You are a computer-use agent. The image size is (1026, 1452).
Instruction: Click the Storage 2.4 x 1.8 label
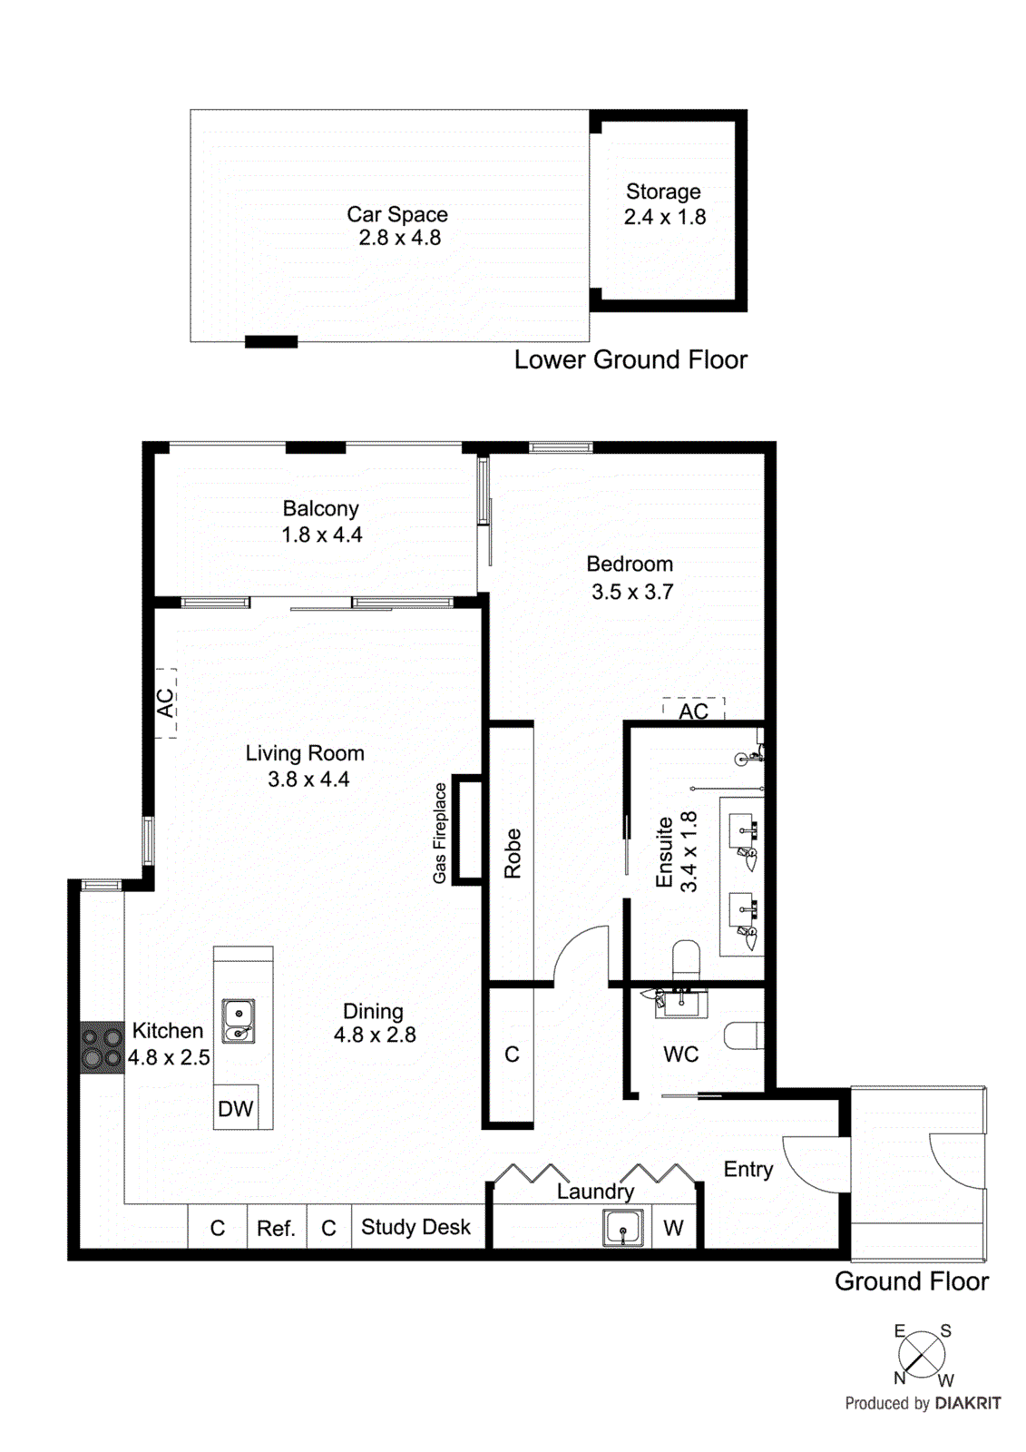(x=664, y=204)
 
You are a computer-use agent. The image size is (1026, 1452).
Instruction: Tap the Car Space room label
(x=397, y=215)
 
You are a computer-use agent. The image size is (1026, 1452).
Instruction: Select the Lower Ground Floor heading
(x=630, y=360)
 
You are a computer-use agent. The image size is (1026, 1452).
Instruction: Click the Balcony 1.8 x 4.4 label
(x=321, y=522)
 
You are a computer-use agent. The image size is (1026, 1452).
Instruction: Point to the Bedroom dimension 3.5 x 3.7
(x=632, y=593)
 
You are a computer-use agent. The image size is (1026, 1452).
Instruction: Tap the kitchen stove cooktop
(x=102, y=1048)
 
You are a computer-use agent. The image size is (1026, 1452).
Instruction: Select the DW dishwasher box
(x=236, y=1108)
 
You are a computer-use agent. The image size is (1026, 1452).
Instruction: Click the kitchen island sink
(x=239, y=1022)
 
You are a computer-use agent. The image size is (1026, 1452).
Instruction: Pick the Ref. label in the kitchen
(x=276, y=1229)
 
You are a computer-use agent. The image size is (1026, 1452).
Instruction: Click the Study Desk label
(x=415, y=1227)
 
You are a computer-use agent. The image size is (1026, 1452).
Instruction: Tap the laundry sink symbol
(x=623, y=1229)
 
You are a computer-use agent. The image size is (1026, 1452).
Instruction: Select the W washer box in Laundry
(x=673, y=1229)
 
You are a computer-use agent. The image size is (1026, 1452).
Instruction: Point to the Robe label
(x=513, y=853)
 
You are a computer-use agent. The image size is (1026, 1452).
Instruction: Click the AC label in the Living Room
(x=165, y=702)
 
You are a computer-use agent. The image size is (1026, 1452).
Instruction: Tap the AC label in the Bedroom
(x=693, y=711)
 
